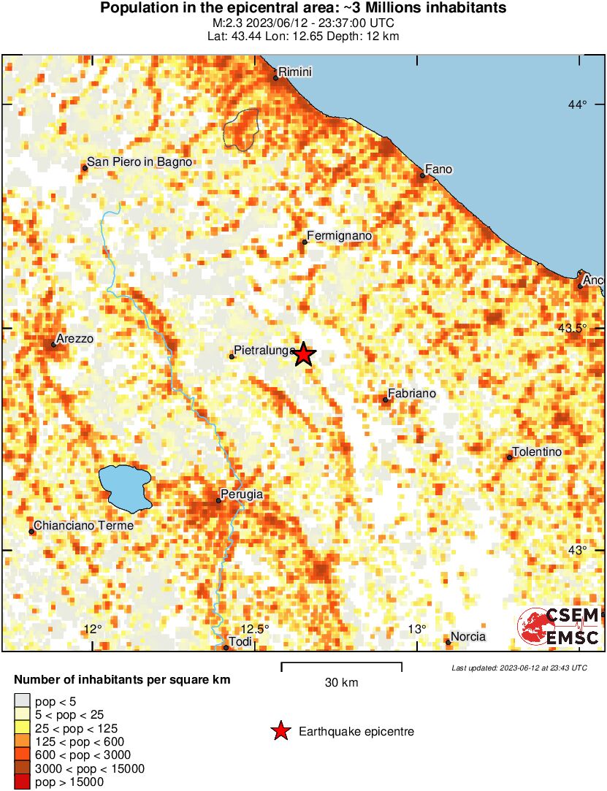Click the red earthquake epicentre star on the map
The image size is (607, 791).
tap(304, 354)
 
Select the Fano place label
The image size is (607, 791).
tap(439, 169)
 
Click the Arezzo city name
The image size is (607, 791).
tap(76, 339)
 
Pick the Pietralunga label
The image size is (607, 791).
tap(264, 351)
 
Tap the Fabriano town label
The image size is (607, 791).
tap(412, 394)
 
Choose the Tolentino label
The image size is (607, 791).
tap(537, 452)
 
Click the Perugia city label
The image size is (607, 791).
tap(242, 494)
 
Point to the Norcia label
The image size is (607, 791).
tap(468, 637)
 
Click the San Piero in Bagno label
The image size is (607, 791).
tap(140, 162)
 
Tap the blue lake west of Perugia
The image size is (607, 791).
tap(125, 487)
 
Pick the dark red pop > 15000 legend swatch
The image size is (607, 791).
tap(23, 782)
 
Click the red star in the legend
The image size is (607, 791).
tap(280, 731)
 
